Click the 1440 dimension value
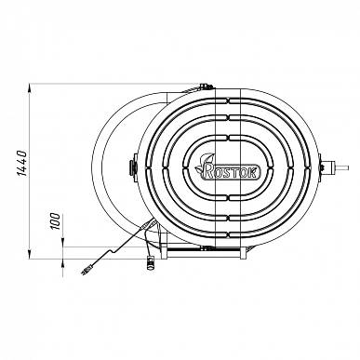point(22,164)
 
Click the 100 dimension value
point(56,221)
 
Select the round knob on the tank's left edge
point(132,167)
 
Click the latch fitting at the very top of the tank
point(206,86)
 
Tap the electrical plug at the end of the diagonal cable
point(86,270)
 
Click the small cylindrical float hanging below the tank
point(151,262)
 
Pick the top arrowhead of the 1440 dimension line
point(30,88)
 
